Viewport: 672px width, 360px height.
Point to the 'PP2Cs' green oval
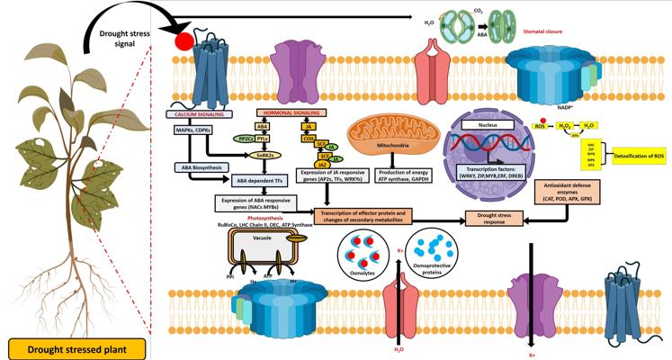(243, 139)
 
